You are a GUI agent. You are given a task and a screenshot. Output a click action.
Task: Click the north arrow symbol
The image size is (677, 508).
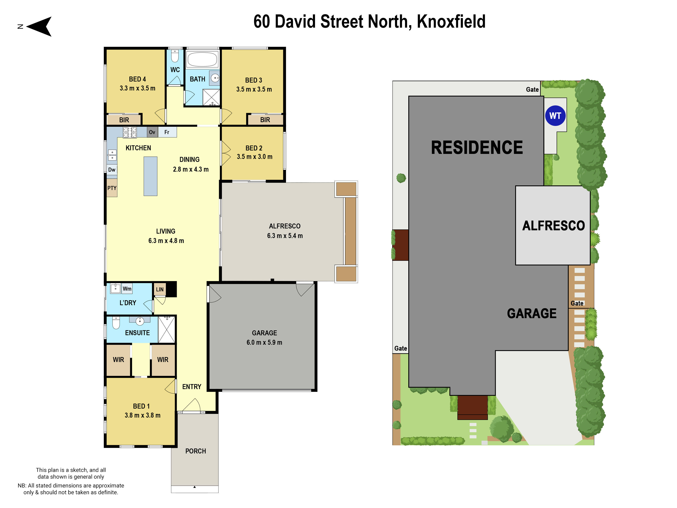(x=40, y=27)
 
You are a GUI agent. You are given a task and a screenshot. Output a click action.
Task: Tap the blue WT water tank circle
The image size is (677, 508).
(x=555, y=116)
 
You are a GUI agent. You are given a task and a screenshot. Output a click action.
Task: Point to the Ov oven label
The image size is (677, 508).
(x=152, y=132)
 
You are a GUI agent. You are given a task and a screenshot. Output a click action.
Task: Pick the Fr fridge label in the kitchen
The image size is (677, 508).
(x=167, y=132)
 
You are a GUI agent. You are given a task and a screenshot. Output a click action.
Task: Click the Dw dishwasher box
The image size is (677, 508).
(x=112, y=170)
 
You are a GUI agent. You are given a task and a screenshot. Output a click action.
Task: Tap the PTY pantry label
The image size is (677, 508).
(x=112, y=188)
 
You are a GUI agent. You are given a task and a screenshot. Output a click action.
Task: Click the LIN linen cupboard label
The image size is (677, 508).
(x=160, y=289)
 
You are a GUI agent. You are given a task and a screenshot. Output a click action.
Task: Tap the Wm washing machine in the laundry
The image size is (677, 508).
(x=127, y=289)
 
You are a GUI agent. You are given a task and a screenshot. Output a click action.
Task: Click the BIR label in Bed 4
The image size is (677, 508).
(x=124, y=120)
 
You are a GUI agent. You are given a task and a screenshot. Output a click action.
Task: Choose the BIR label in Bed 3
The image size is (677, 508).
(x=265, y=120)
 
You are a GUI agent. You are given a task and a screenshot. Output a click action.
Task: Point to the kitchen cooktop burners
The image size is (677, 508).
(x=130, y=132)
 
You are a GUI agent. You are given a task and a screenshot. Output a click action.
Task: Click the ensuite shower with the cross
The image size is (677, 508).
(x=167, y=330)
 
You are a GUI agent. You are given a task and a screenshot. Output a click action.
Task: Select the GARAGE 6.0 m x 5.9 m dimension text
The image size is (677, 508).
(x=264, y=342)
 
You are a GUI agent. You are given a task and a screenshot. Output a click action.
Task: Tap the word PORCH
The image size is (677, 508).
(x=195, y=451)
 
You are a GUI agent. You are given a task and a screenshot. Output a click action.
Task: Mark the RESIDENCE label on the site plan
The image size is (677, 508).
(x=477, y=148)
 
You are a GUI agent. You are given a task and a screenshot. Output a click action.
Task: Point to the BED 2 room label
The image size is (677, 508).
(x=254, y=148)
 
